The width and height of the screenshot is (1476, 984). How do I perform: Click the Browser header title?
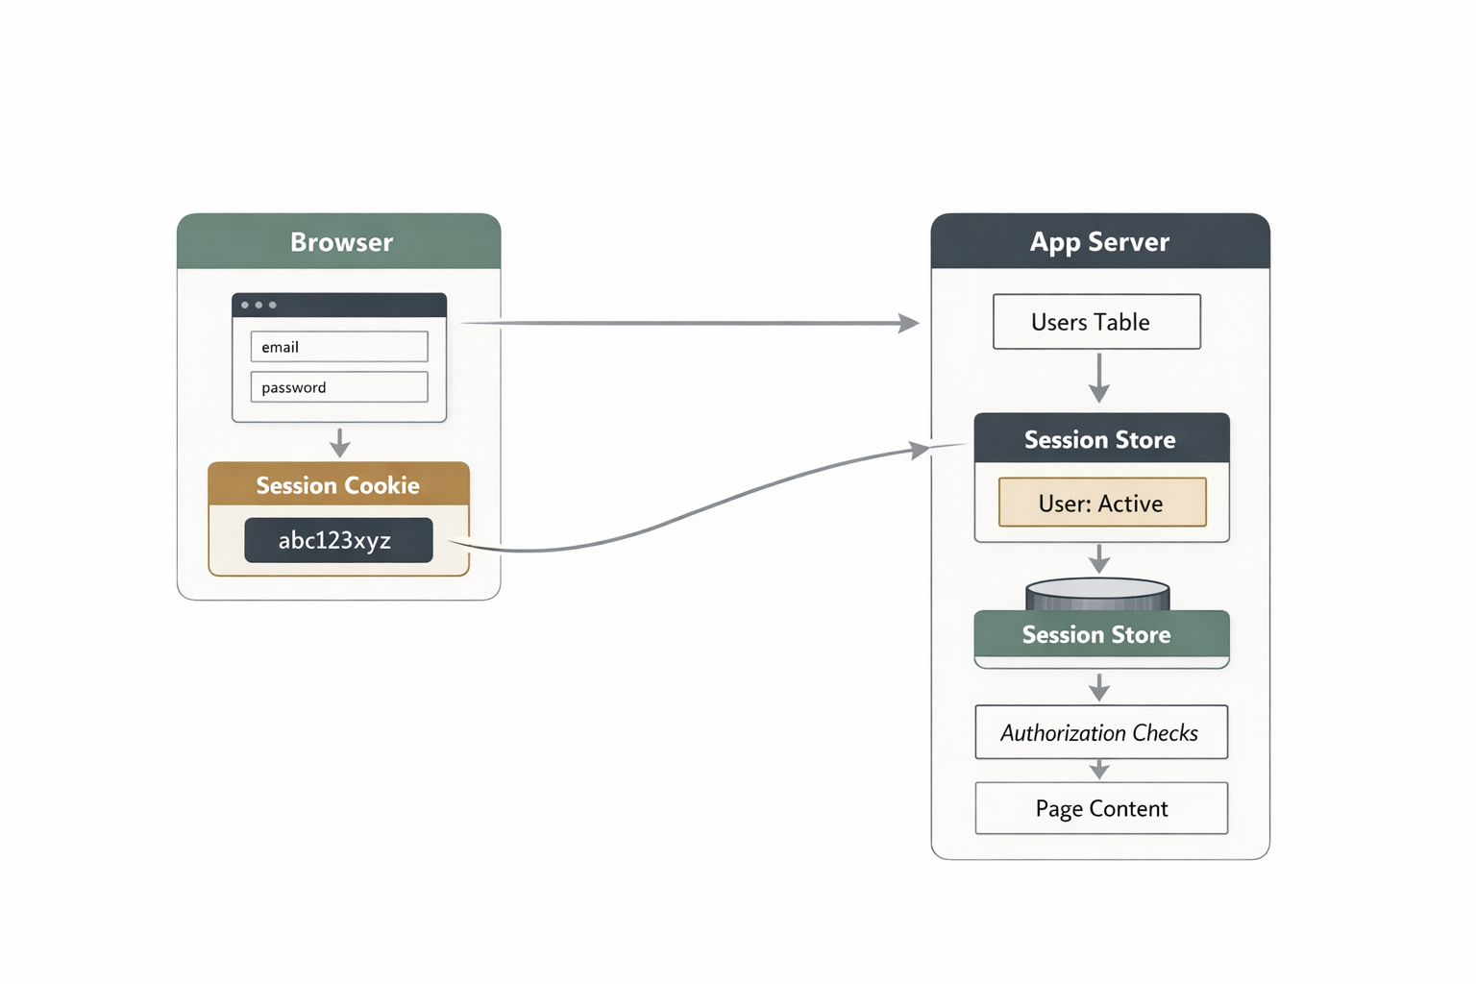pos(341,242)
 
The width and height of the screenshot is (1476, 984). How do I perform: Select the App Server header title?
pos(1099,242)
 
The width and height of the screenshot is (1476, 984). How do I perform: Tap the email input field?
pos(338,347)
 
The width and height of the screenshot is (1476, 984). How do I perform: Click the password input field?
pos(338,387)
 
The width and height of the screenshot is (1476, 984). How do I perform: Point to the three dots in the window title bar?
pos(258,305)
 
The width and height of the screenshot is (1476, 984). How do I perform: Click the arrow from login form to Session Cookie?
pos(339,443)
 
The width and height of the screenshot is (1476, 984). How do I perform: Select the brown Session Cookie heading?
pos(338,485)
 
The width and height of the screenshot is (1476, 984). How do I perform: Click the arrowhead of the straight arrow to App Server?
pos(907,324)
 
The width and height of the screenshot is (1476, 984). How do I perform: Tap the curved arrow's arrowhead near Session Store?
pos(919,449)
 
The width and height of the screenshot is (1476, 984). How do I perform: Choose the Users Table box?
pos(1096,322)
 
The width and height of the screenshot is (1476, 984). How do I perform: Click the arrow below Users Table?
pos(1099,379)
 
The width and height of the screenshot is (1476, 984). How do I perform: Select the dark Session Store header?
pos(1101,439)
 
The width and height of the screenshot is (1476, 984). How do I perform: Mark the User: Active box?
pos(1102,503)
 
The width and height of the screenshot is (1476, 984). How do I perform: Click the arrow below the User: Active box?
pos(1099,559)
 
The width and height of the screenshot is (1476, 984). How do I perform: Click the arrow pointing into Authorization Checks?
pos(1099,688)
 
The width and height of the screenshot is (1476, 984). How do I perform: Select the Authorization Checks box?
pos(1101,732)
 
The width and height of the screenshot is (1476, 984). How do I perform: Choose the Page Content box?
pos(1101,808)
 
